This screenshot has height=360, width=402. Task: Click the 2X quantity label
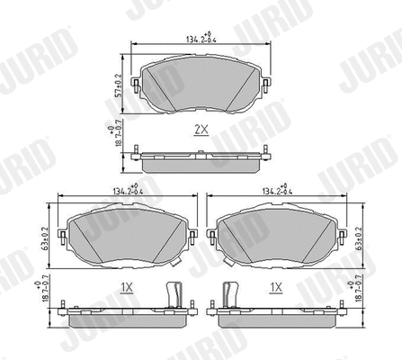[x=201, y=129]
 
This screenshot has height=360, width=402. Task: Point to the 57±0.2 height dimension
[x=117, y=83]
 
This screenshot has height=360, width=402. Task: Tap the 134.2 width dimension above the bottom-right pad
[x=276, y=191]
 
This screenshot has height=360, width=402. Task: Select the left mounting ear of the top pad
[x=136, y=86]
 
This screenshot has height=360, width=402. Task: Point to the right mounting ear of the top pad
[x=268, y=86]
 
